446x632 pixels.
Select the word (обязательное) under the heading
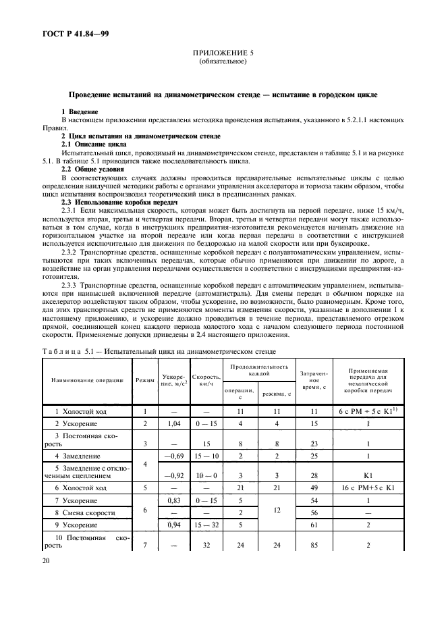[222, 62]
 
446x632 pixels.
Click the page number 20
[48, 577]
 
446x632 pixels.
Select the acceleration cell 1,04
[170, 424]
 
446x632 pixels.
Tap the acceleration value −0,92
[170, 477]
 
